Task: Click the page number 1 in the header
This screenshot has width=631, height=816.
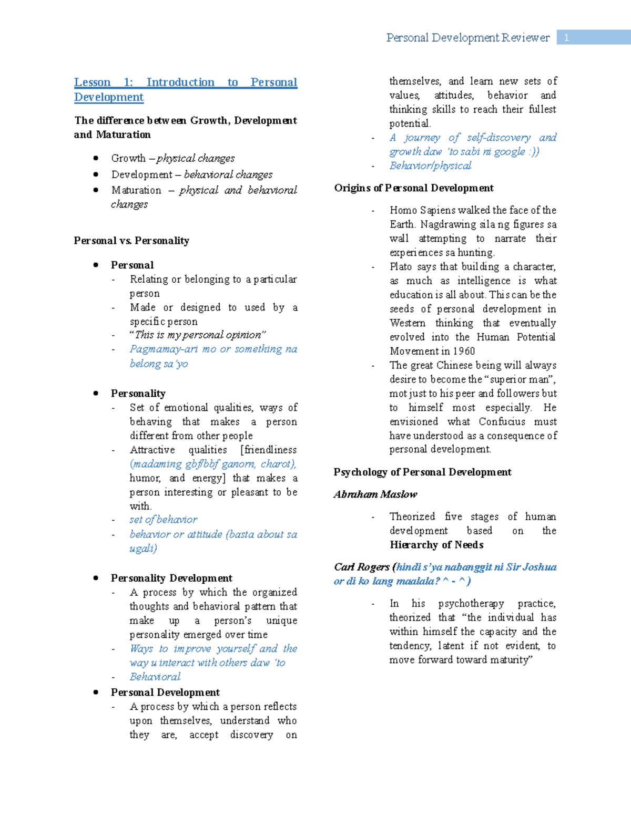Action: (x=566, y=37)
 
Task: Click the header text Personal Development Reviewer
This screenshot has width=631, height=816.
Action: (x=467, y=37)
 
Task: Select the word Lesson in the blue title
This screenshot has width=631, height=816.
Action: (x=92, y=82)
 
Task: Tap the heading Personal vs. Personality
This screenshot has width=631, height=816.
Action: (x=131, y=241)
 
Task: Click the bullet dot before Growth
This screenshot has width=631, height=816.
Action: (x=96, y=158)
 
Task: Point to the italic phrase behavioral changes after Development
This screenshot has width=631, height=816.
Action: (x=228, y=174)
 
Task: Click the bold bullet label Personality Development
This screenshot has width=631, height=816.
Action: (x=171, y=578)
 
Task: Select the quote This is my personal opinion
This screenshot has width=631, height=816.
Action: (x=198, y=335)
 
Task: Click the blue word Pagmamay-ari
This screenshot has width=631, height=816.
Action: (x=164, y=349)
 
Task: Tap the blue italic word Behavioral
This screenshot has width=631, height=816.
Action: (x=155, y=677)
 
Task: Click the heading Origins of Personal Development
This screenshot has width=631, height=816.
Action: (x=414, y=188)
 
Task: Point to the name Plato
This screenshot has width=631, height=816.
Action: (x=401, y=266)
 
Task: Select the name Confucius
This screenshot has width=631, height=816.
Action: (x=502, y=421)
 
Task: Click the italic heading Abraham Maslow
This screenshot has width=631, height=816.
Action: (x=375, y=494)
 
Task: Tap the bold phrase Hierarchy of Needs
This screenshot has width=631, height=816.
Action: (x=436, y=545)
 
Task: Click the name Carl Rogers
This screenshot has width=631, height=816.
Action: (x=362, y=567)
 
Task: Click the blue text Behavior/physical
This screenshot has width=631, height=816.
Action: (x=430, y=166)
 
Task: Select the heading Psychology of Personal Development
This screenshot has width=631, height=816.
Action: (x=422, y=472)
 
